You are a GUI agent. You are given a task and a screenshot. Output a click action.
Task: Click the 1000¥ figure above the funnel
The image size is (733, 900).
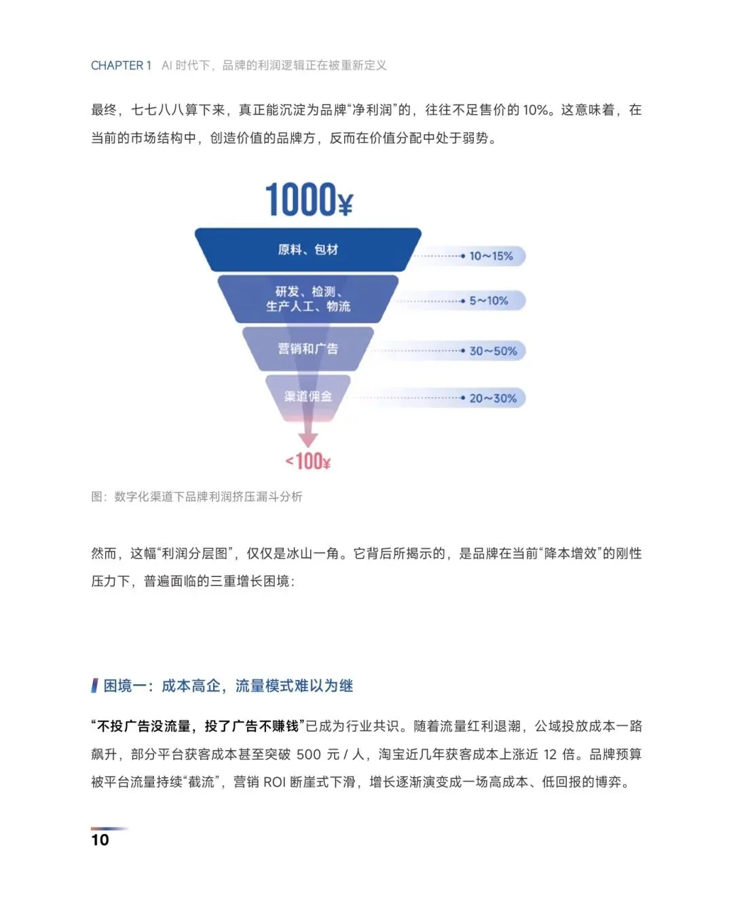309,200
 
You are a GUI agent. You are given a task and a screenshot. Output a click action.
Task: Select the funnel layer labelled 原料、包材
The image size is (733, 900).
307,250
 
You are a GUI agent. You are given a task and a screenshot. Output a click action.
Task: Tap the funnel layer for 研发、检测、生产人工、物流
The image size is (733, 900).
307,299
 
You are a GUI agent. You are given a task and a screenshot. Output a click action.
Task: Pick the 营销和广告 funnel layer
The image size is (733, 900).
307,349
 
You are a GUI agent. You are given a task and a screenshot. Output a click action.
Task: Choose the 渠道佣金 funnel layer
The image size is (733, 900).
307,396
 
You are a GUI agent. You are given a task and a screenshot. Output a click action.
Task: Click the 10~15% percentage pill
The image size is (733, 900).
491,256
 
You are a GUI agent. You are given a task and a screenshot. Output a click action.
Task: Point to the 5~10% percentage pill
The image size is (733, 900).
489,301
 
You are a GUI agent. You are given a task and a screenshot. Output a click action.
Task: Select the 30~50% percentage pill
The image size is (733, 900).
493,351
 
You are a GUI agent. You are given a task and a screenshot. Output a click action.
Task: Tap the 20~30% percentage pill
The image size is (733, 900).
493,398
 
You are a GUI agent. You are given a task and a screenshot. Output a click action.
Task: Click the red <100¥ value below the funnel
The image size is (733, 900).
308,462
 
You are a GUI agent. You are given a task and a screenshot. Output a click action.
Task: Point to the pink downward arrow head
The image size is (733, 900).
308,439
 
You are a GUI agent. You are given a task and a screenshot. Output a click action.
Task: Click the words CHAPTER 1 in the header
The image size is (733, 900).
121,66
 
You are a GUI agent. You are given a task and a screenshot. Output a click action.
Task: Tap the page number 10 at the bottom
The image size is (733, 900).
100,840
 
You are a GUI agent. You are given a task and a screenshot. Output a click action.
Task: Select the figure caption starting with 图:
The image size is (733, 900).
197,497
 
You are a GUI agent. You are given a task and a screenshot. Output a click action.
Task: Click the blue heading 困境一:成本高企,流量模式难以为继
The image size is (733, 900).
228,686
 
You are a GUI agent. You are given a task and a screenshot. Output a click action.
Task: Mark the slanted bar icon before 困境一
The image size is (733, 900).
94,686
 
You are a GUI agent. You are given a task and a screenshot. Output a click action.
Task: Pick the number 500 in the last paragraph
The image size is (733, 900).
309,754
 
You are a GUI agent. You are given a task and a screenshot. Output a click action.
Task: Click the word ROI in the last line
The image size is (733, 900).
274,782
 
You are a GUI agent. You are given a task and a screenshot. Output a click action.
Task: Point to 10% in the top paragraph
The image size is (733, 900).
535,110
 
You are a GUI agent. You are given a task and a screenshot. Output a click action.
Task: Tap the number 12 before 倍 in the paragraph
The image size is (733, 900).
550,754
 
